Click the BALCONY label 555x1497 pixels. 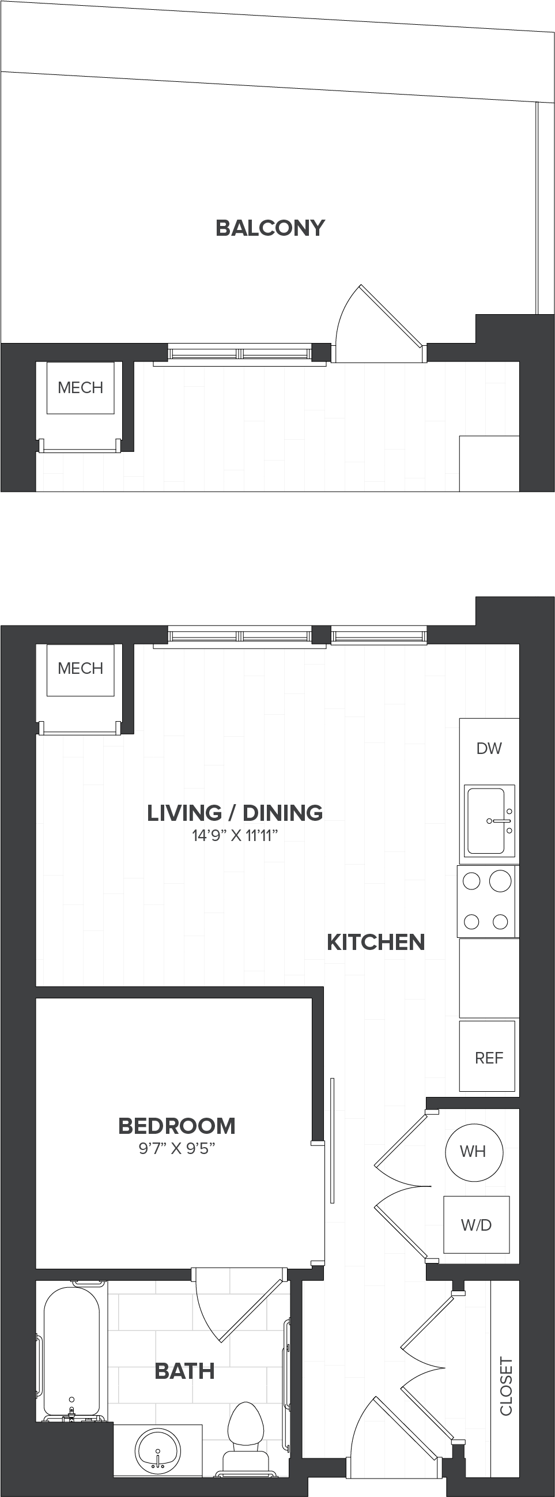(x=270, y=228)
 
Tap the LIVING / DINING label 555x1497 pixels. (x=235, y=812)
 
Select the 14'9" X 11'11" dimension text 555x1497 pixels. (x=235, y=836)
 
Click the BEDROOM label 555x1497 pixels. (x=177, y=1126)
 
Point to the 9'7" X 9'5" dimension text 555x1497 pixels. (x=177, y=1148)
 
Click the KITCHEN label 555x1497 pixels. (x=376, y=942)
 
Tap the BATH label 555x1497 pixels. (x=185, y=1371)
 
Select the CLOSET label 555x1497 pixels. (x=507, y=1386)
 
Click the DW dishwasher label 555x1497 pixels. (x=489, y=748)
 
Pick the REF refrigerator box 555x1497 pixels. (x=487, y=1056)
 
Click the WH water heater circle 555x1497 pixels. (x=474, y=1152)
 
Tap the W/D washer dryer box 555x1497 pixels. (x=477, y=1224)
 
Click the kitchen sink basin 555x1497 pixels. (x=486, y=821)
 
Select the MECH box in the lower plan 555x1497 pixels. (x=80, y=669)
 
